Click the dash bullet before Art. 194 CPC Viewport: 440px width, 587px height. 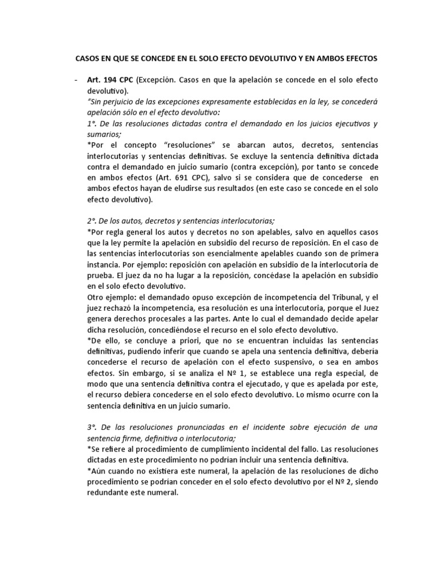pos(76,80)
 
